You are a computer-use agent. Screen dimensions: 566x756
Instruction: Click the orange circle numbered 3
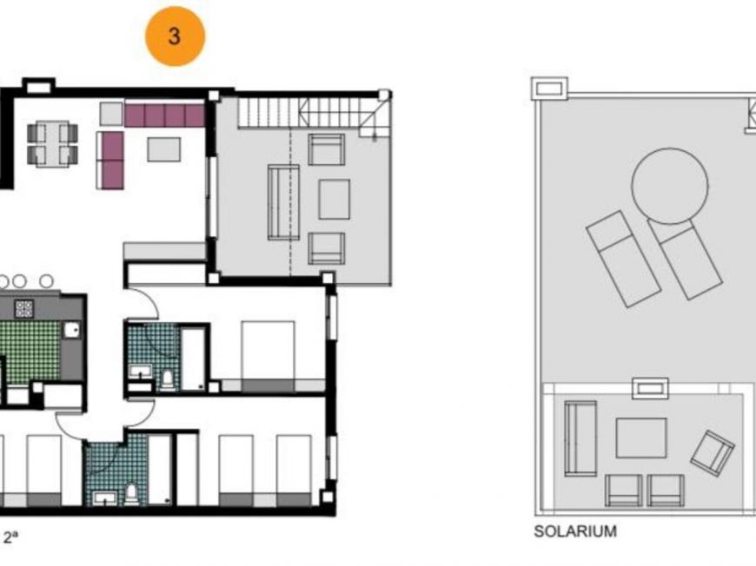(175, 36)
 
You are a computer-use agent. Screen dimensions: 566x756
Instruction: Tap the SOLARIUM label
(574, 531)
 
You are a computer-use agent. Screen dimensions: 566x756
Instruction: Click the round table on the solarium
(669, 186)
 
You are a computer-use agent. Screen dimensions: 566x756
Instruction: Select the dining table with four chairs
(52, 143)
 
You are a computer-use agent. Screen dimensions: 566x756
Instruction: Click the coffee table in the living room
(163, 149)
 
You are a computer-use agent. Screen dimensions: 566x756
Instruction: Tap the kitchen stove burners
(24, 308)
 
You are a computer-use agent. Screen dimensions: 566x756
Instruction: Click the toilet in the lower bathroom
(131, 493)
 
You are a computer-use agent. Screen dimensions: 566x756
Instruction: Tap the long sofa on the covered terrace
(283, 201)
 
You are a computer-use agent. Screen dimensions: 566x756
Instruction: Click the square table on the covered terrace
(334, 199)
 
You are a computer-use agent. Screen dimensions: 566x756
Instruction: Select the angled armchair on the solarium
(713, 453)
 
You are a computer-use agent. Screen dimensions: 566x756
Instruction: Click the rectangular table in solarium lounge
(641, 438)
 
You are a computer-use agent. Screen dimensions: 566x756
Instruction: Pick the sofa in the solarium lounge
(580, 438)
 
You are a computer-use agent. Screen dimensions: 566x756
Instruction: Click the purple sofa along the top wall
(164, 115)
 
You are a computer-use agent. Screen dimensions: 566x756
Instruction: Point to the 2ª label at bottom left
(11, 538)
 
